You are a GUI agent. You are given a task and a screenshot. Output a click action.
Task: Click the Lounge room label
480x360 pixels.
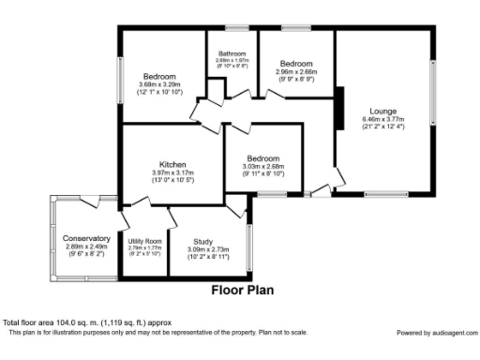(382, 111)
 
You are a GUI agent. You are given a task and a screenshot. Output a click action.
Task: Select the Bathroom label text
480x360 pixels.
(232, 53)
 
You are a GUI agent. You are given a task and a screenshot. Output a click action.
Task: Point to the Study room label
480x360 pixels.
(202, 241)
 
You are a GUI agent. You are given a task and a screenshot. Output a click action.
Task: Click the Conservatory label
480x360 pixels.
(86, 238)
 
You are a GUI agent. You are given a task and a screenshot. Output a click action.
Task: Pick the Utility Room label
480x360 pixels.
(144, 241)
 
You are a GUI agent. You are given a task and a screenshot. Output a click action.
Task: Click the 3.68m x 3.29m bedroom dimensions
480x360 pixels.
(160, 84)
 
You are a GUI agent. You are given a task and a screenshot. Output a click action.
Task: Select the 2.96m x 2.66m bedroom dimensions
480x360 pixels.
(296, 71)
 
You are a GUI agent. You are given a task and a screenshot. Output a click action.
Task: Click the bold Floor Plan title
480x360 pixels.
(241, 291)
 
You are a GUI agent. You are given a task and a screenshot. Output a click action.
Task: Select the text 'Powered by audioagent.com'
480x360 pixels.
(435, 333)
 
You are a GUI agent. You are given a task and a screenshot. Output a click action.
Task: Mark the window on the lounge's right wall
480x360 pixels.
(432, 94)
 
